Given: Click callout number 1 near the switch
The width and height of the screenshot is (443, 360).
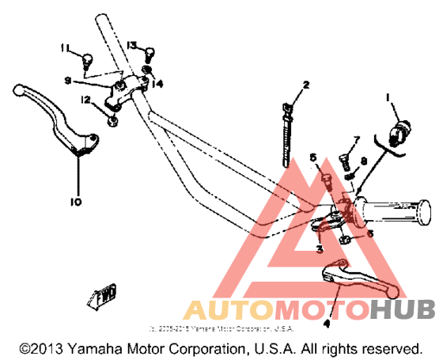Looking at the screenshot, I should tap(388, 97).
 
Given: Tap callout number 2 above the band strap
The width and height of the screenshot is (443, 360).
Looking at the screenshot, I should tap(305, 85).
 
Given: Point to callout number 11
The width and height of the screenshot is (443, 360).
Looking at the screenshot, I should tap(66, 47).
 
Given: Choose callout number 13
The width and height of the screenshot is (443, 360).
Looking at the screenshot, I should tap(132, 44).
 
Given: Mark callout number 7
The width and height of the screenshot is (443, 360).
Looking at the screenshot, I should tap(356, 140).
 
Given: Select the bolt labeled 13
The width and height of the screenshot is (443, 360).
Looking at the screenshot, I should tap(147, 53).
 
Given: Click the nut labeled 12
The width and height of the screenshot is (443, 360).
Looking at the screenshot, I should tap(113, 120).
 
